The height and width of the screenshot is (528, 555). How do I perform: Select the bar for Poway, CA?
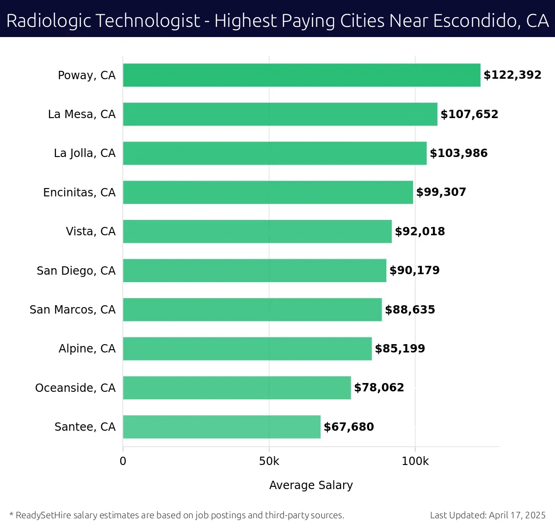[x=302, y=75]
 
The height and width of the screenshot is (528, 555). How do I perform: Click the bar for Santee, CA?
[x=222, y=427]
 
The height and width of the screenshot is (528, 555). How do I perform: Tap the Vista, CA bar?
[x=257, y=232]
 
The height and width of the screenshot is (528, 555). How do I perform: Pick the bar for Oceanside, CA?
[x=237, y=388]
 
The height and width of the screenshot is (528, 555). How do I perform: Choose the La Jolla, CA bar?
[x=275, y=153]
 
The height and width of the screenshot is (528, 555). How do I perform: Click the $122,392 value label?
[x=512, y=75]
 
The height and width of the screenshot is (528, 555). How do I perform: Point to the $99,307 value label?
[x=441, y=192]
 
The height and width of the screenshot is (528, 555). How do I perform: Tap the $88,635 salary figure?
[x=410, y=309]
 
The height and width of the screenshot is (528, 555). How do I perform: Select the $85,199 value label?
[x=400, y=349]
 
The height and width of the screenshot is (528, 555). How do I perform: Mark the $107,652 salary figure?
[x=469, y=114]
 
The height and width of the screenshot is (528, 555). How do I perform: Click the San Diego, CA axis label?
[x=76, y=270]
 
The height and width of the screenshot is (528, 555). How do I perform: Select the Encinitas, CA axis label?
[x=79, y=192]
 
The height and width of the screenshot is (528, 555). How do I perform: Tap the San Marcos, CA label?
[x=73, y=309]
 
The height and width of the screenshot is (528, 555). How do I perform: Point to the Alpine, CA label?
[x=87, y=349]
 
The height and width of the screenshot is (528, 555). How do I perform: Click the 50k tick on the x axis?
[x=269, y=461]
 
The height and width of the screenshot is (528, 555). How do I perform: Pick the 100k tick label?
[x=415, y=461]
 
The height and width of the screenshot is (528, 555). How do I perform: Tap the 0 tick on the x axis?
[x=123, y=461]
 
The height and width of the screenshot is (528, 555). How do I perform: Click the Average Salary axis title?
[x=311, y=485]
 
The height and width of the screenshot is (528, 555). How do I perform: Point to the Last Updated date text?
[x=487, y=515]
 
